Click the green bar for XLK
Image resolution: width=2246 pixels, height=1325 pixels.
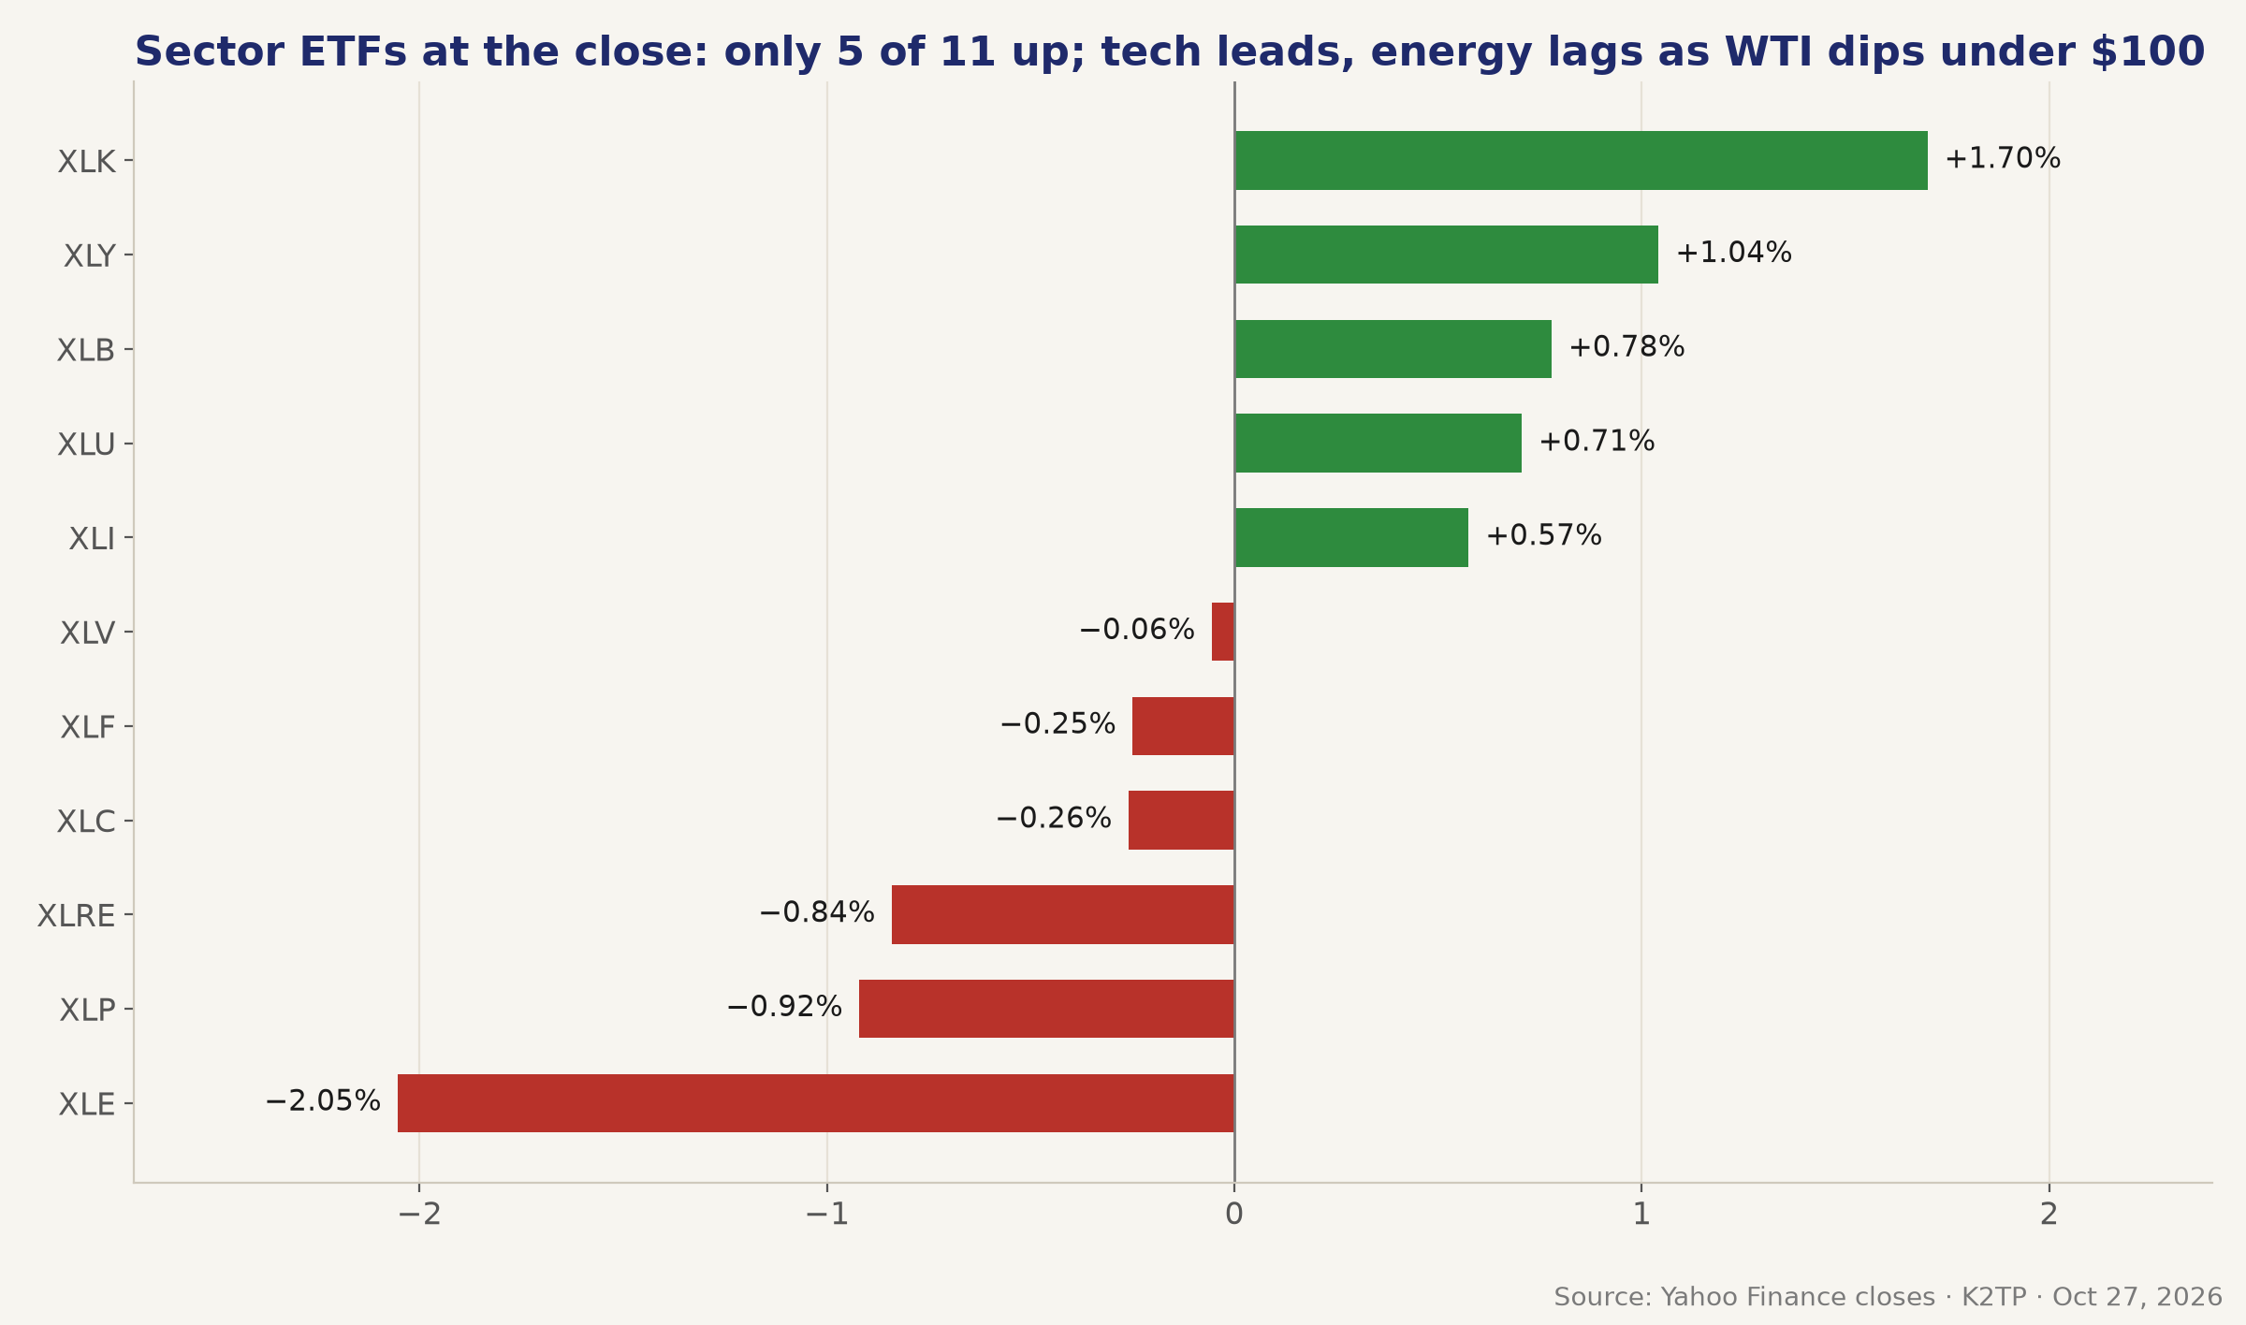coord(1581,160)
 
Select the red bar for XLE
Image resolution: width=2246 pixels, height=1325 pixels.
coord(816,1103)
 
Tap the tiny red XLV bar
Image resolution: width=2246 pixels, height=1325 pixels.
coord(1223,632)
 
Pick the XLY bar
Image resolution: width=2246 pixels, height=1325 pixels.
coord(1446,255)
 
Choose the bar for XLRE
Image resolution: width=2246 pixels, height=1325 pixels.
coord(1063,914)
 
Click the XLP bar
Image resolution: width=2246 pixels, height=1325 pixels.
coord(1046,1009)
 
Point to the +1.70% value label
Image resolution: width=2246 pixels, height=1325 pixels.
coord(2003,159)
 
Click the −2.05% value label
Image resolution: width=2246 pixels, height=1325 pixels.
coord(323,1101)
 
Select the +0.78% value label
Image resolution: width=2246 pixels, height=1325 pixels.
coord(1626,347)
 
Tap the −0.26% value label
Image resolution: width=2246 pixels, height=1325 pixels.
coord(1054,819)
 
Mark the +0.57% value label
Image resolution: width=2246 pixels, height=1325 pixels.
coord(1544,536)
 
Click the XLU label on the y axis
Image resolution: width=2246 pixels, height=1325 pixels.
coord(86,445)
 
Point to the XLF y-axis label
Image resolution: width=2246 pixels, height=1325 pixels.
coord(88,728)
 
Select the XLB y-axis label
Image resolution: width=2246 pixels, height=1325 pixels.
coord(86,351)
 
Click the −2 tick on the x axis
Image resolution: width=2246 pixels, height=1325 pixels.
coord(419,1215)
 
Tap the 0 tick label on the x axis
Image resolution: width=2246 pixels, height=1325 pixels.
coord(1234,1215)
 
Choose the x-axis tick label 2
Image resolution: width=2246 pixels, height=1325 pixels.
coord(2049,1215)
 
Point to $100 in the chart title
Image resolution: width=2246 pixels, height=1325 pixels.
coord(2148,52)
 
